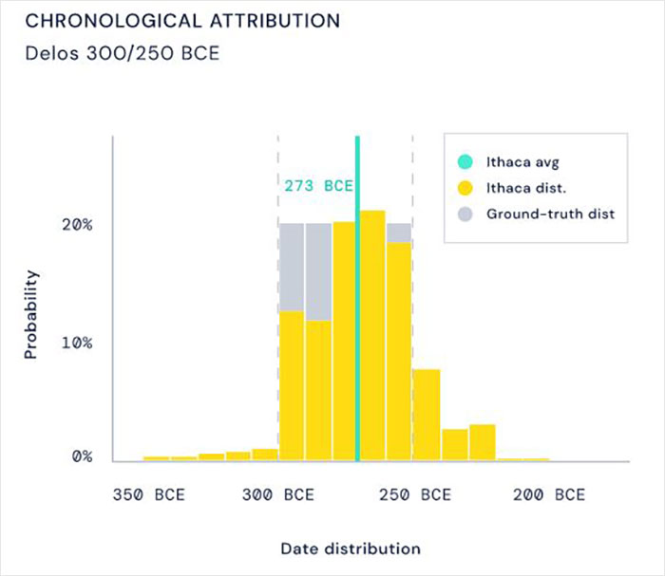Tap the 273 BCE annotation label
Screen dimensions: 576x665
318,185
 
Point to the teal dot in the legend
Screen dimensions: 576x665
465,160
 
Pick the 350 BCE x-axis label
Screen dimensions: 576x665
149,495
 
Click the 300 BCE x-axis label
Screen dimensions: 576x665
277,495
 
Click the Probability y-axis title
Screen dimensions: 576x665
31,315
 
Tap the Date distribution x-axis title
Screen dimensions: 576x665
350,548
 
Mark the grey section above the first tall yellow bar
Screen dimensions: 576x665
291,267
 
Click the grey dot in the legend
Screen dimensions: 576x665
465,214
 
